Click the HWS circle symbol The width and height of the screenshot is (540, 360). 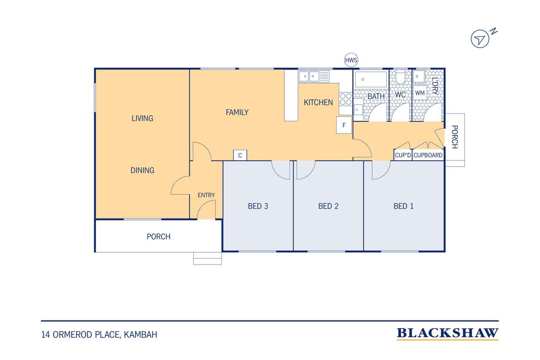(x=351, y=60)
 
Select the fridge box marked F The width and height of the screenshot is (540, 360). (x=344, y=125)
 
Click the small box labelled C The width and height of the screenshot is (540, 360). (x=240, y=155)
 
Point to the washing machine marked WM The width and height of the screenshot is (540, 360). (x=420, y=92)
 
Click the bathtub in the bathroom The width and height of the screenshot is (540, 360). (x=371, y=79)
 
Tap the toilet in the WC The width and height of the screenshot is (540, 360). (x=400, y=77)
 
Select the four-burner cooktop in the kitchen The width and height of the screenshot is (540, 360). (x=346, y=99)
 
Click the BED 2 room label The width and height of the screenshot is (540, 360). (x=328, y=206)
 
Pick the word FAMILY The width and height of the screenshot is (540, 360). (x=237, y=112)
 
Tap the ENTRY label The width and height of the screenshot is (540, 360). (x=206, y=195)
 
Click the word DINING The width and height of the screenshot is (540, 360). (x=142, y=171)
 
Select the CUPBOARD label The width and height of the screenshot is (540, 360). (x=428, y=155)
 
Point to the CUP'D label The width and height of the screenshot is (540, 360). (x=403, y=155)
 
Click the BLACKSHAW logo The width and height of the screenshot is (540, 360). (x=448, y=333)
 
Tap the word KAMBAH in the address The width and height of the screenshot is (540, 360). (x=140, y=335)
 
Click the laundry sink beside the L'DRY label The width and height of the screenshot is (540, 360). (x=419, y=77)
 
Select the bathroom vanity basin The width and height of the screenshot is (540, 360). (x=358, y=110)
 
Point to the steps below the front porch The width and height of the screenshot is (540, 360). (x=207, y=258)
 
